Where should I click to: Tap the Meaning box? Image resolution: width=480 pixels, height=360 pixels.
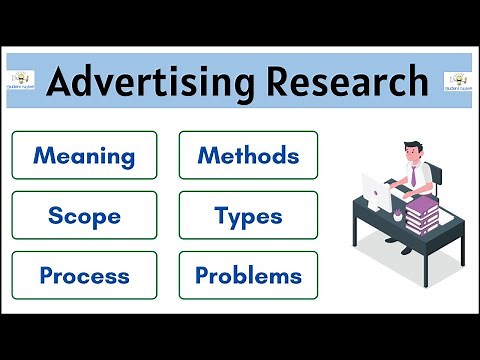point(84,155)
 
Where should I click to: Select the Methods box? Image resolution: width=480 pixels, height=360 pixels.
point(248,155)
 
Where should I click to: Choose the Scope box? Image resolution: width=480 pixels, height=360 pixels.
point(84,215)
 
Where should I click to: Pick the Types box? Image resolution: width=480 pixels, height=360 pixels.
point(248,215)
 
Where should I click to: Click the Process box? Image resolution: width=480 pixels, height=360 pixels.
point(84,275)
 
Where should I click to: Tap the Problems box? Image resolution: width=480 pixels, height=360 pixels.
point(248,275)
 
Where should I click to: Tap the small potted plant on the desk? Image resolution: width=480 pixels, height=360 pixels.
point(397,213)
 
